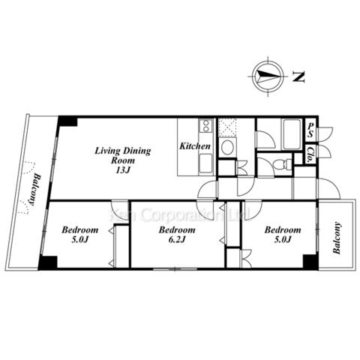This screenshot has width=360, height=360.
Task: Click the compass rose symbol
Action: coord(268,76)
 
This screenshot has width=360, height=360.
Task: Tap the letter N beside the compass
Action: coord(298,77)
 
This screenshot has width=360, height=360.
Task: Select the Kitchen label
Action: coord(195,146)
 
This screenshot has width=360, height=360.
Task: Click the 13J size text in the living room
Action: coord(123,170)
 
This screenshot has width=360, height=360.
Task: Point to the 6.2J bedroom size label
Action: coord(177,239)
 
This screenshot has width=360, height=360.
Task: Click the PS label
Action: coord(310,130)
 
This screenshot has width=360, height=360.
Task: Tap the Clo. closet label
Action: coord(310,155)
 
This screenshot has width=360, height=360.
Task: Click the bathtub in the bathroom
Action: coord(290,134)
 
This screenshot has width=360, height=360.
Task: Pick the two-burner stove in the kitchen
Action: coord(205,126)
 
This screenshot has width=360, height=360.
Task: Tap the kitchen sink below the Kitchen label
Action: coord(205,163)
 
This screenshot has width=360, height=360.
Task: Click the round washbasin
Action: coord(227,147)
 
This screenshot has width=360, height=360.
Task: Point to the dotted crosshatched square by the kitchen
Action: coord(227,127)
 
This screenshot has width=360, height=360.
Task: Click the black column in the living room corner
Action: coord(67,121)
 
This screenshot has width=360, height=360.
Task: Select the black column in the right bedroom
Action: coord(310,262)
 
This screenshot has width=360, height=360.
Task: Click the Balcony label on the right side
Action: coord(337,238)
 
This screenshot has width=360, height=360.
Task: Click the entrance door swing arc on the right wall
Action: coord(328,188)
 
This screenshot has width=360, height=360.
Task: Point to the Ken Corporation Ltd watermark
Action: coord(181,214)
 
